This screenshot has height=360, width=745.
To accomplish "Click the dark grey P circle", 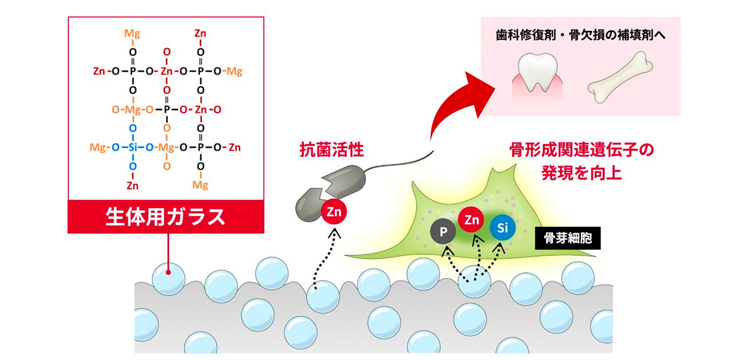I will click(x=442, y=232).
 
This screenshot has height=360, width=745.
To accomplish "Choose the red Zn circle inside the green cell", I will click(x=472, y=219).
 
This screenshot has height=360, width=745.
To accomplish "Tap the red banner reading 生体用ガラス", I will click(x=166, y=217).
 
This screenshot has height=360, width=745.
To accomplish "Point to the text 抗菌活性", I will click(x=332, y=151).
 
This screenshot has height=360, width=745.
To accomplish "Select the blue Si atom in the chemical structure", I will click(x=133, y=148).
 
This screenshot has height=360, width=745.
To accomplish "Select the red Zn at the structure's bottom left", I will click(x=133, y=185).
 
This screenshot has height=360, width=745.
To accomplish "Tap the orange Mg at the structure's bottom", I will click(x=200, y=185).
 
